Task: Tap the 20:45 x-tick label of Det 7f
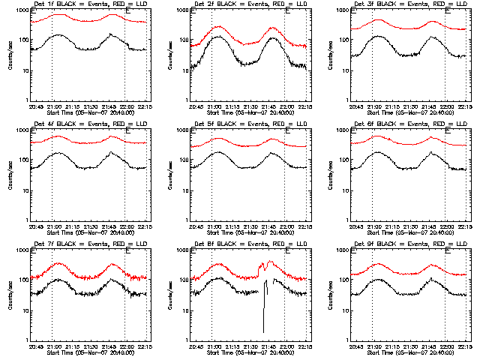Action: click(36, 346)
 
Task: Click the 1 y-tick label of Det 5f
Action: click(187, 220)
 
